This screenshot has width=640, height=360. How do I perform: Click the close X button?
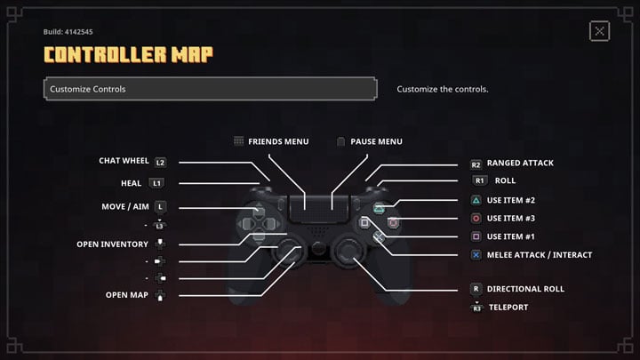599,31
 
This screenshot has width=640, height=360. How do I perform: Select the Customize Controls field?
210,89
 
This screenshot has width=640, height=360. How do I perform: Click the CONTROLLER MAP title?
128,55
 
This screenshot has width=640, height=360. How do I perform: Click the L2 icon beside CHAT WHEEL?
160,163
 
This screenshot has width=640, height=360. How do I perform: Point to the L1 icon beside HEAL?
157,183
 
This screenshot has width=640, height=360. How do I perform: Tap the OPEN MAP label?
126,295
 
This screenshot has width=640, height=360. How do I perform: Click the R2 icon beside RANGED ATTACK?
476,164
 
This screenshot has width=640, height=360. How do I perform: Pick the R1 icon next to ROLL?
479,180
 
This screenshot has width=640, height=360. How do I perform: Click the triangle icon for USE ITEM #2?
476,201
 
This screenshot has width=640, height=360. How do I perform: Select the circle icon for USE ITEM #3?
476,218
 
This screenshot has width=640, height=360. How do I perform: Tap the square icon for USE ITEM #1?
476,236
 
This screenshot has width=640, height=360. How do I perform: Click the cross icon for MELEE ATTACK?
476,255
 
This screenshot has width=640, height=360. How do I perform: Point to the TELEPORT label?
508,308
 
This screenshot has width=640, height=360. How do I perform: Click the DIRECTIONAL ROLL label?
526,289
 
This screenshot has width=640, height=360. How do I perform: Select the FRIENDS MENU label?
278,141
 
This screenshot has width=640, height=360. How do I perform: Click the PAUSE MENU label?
376,141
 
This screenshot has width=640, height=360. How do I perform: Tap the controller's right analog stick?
348,252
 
